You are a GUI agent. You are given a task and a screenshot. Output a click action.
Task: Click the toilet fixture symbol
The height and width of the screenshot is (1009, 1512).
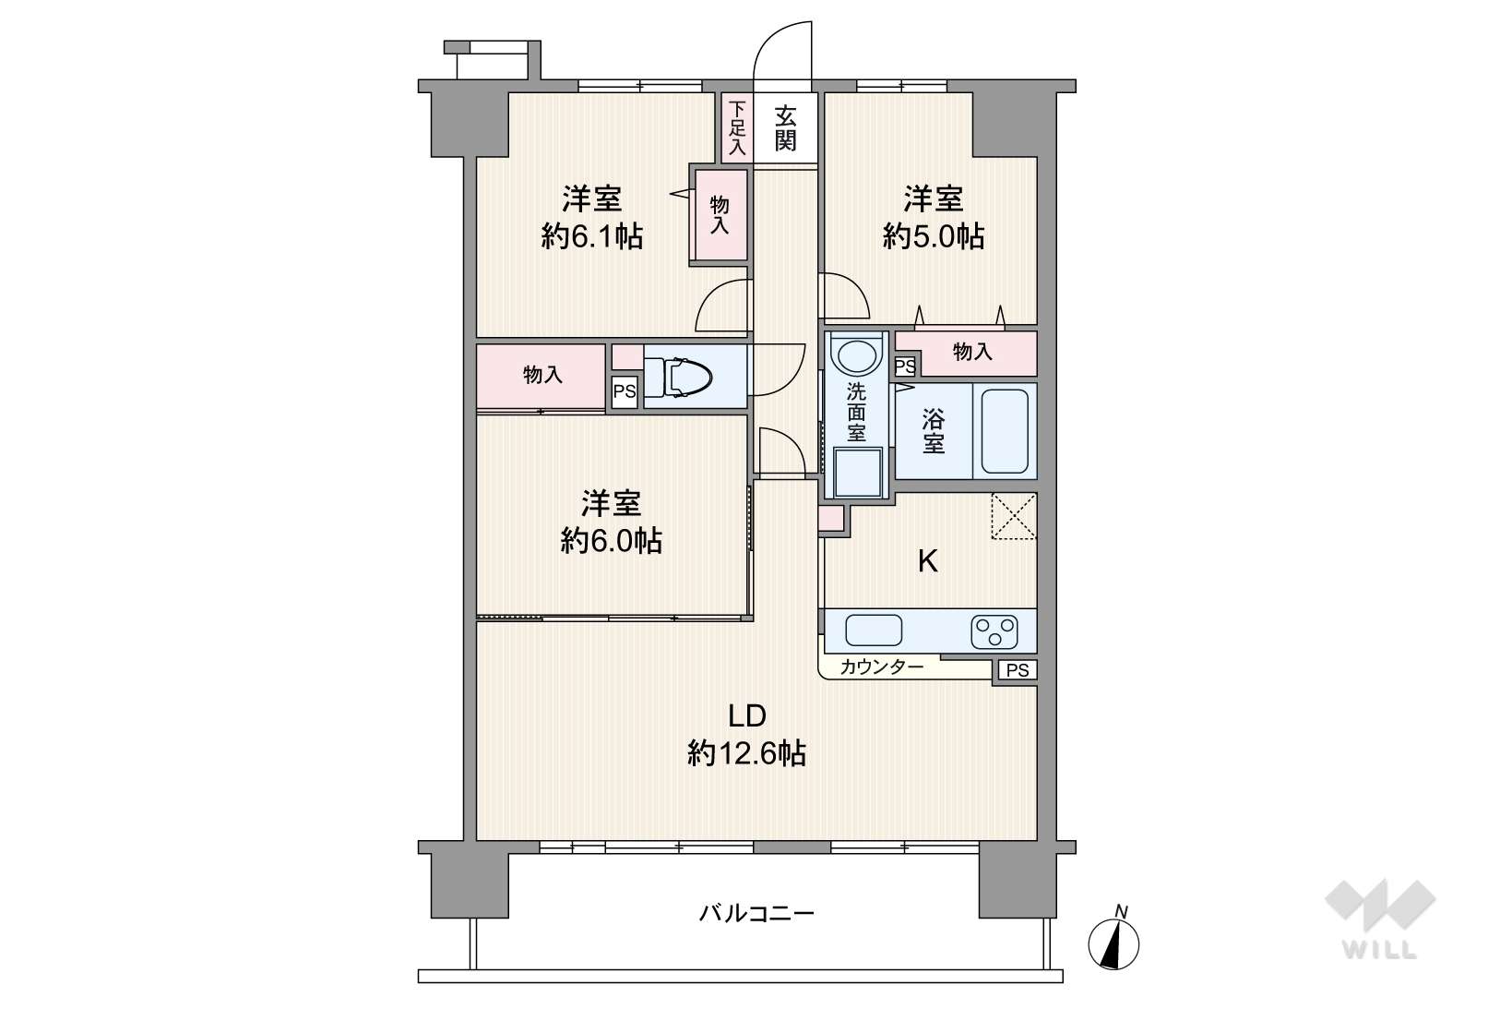(688, 377)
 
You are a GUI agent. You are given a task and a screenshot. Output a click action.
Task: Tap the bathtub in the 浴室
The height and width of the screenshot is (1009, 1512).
(1005, 430)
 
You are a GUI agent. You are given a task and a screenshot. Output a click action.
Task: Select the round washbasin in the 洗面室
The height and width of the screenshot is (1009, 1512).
(857, 354)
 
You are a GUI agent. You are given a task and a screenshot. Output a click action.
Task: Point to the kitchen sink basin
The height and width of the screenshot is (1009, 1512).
(874, 631)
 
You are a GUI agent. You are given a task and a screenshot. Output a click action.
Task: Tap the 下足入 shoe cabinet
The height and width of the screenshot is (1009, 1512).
(737, 127)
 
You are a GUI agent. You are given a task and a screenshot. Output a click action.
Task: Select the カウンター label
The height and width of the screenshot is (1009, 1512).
(882, 667)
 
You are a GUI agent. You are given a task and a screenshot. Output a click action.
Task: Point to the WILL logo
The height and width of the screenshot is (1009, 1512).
(1380, 919)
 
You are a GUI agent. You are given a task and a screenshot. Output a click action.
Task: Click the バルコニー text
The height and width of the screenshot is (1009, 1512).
(756, 914)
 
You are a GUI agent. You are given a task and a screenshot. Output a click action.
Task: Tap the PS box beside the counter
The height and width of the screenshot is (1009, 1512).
(1018, 670)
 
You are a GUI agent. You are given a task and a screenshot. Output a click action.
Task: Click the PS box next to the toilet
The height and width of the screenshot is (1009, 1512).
(625, 391)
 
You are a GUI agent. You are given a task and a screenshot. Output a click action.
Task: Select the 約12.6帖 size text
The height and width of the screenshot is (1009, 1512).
(746, 753)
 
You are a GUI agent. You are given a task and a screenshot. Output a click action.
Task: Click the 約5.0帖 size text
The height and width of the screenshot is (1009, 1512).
(933, 236)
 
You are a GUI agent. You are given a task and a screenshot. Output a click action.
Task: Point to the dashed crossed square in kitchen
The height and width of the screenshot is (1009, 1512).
(1013, 517)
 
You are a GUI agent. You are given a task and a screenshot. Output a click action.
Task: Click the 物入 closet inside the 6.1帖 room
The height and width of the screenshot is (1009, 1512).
(720, 215)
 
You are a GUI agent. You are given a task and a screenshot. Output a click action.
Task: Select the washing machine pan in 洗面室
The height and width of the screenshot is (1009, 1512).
(858, 472)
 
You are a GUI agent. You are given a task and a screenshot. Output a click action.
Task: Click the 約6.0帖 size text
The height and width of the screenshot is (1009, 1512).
(611, 540)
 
